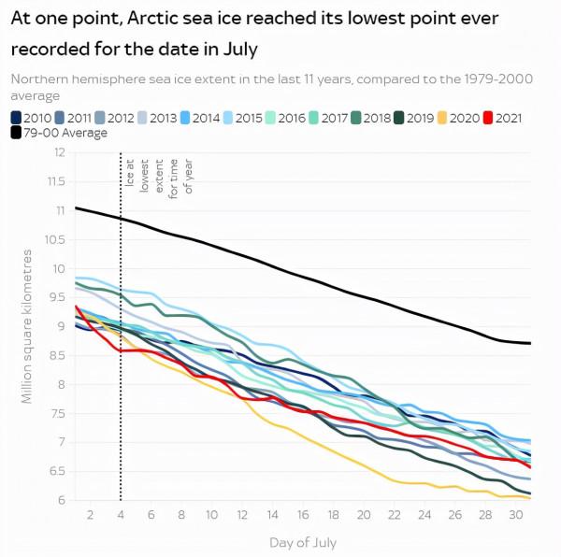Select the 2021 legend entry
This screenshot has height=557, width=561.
[x=503, y=118]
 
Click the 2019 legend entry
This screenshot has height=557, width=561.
[x=415, y=118]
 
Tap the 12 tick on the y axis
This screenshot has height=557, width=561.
[x=58, y=152]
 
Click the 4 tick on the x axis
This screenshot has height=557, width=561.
[x=121, y=516]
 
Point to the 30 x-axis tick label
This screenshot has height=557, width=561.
[x=515, y=516]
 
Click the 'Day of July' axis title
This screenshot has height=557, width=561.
[x=302, y=542]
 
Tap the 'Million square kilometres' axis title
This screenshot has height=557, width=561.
[x=28, y=326]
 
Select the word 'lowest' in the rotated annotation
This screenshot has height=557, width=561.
[x=145, y=174]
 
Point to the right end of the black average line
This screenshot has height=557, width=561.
[x=530, y=343]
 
